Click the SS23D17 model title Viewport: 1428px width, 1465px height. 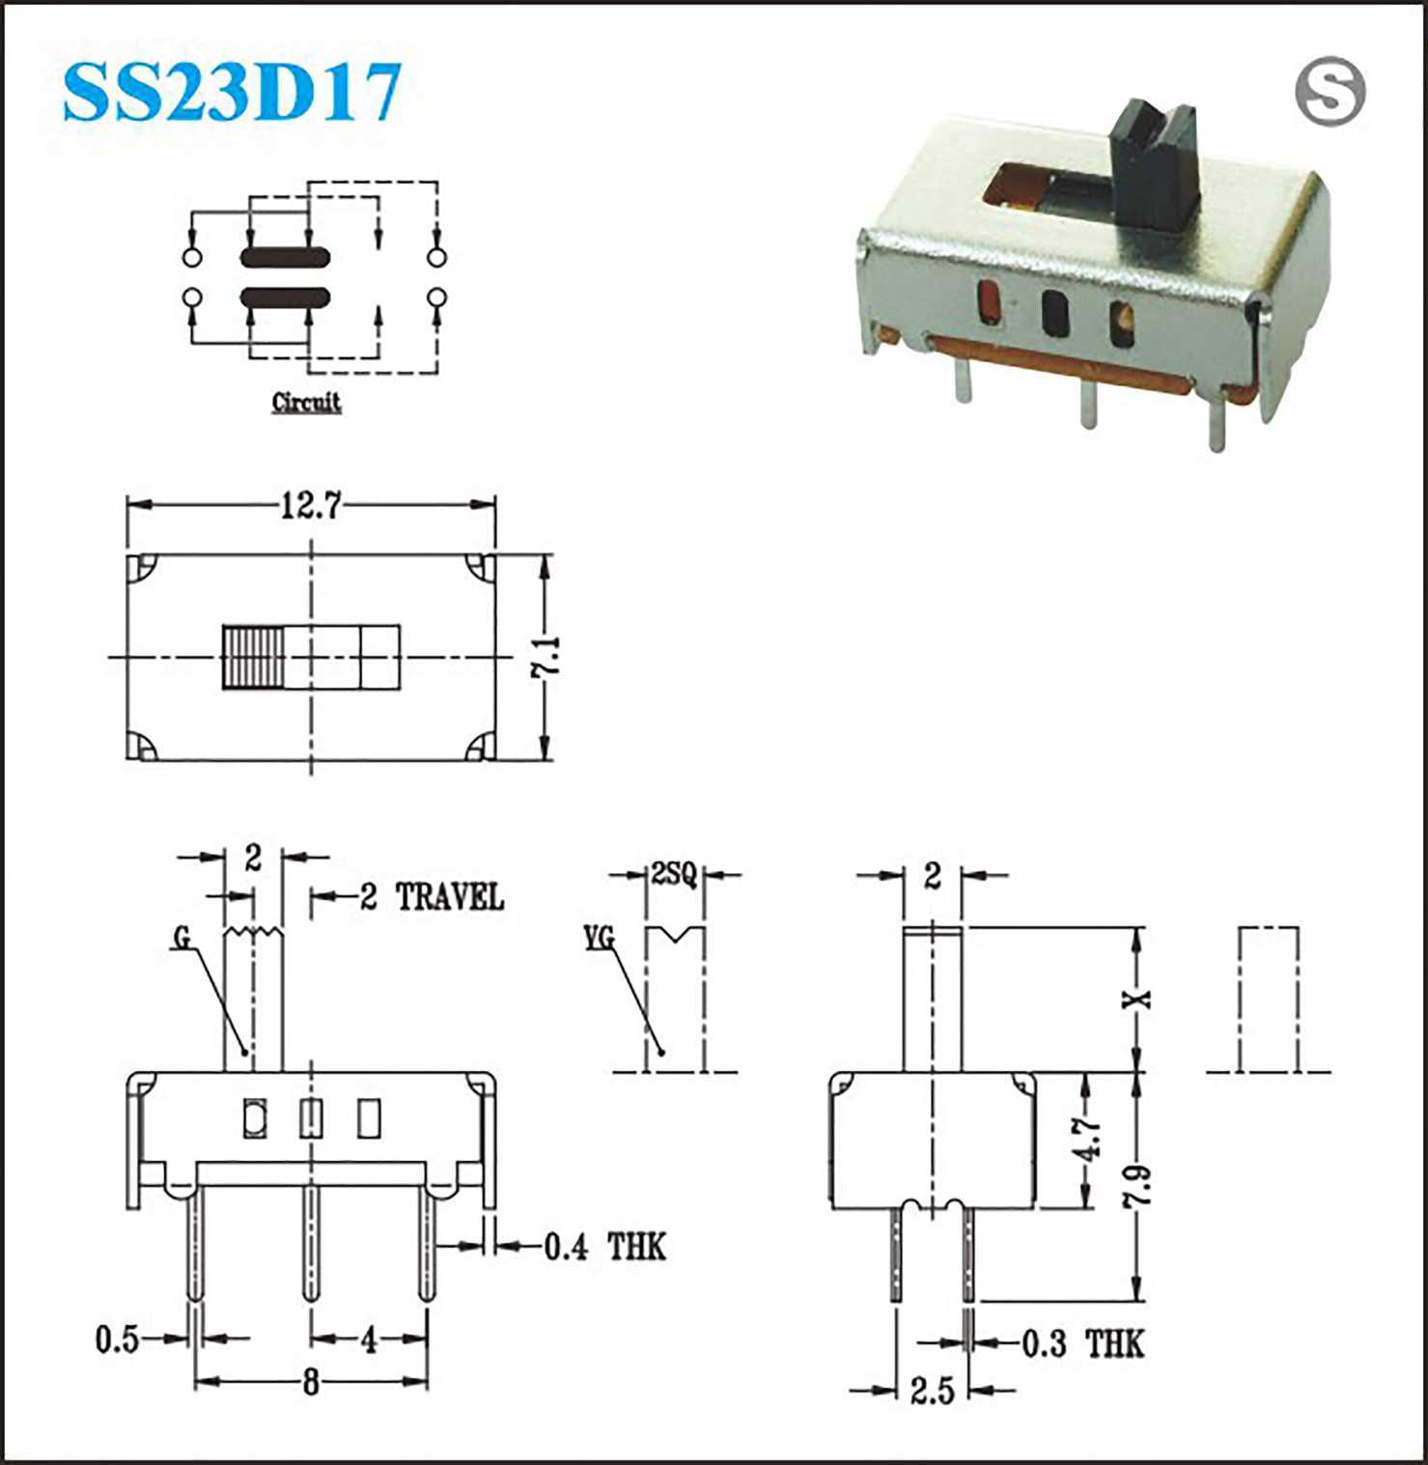point(232,93)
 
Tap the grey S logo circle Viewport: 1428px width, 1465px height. point(1330,92)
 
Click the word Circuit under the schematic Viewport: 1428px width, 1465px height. point(306,402)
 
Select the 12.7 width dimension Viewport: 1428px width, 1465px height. point(310,505)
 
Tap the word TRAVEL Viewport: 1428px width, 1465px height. point(450,898)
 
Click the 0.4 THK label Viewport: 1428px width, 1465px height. point(605,1247)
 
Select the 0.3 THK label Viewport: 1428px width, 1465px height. point(1083,1343)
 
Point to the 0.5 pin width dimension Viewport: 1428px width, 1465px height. point(117,1339)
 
